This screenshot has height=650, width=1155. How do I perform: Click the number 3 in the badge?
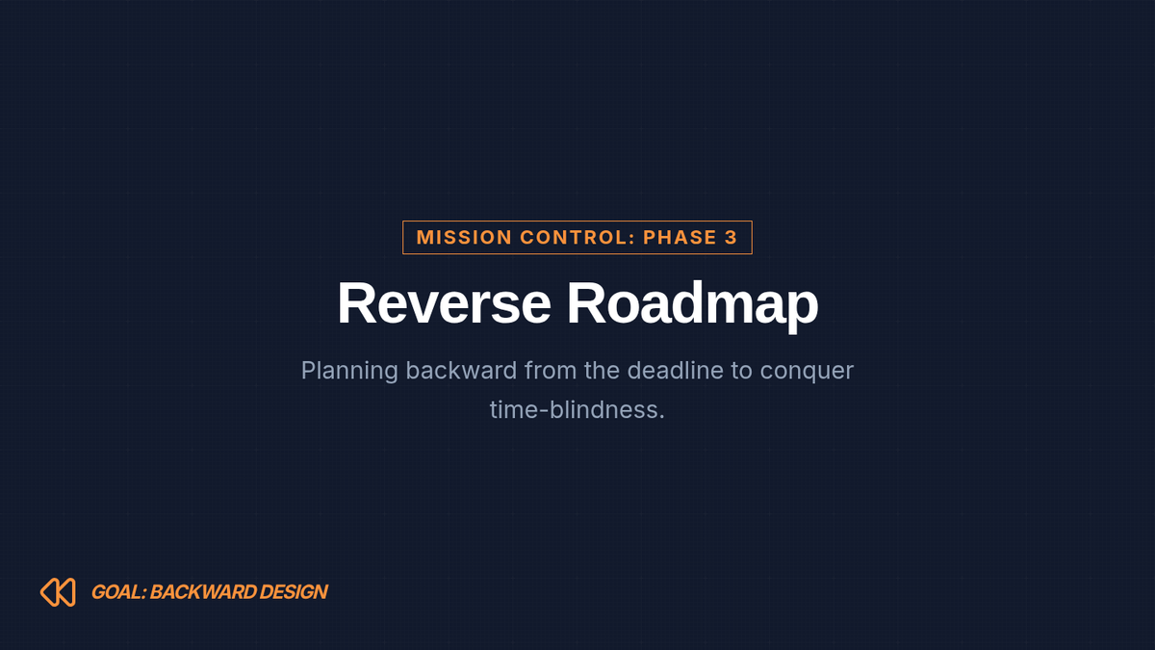(x=731, y=237)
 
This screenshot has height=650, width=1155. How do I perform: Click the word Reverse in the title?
(x=444, y=303)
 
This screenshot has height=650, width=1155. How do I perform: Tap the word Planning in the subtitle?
(x=349, y=371)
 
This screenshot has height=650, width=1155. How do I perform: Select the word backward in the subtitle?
(x=461, y=371)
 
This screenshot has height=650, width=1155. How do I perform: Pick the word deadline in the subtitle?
(x=676, y=371)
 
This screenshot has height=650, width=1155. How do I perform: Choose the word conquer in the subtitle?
(x=807, y=373)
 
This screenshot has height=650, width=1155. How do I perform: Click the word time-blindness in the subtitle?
(x=577, y=409)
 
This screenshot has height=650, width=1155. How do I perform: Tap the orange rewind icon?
(x=58, y=592)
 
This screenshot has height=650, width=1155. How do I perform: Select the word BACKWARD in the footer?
(x=203, y=592)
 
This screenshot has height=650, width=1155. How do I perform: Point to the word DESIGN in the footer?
(x=294, y=592)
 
